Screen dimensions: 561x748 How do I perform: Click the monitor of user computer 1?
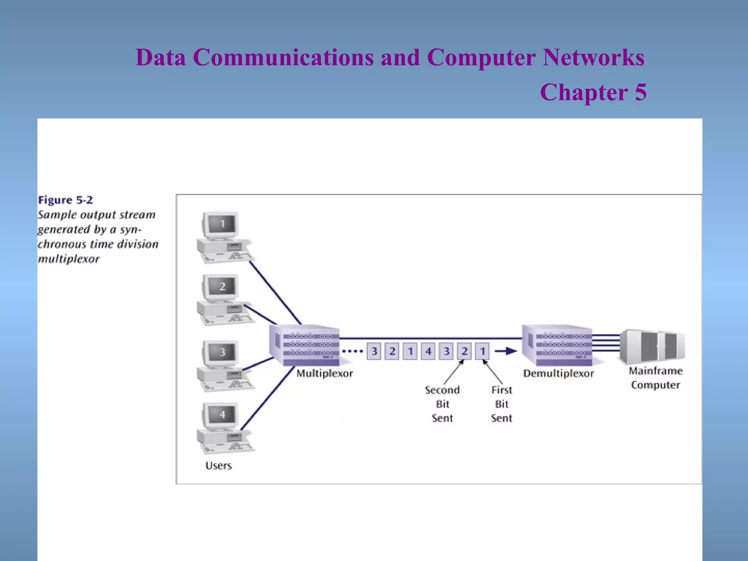point(222,224)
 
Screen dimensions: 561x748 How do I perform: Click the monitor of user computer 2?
point(222,287)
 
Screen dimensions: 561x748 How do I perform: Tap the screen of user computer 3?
point(222,352)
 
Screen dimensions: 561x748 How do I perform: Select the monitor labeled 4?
point(222,415)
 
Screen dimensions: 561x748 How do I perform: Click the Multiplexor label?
point(324,373)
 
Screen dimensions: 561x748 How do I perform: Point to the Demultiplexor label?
point(558,373)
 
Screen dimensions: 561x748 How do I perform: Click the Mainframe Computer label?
point(655,378)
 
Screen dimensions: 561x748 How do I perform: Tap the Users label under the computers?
point(218,466)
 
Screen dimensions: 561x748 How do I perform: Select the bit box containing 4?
point(428,351)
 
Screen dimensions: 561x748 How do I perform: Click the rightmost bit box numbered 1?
point(482,351)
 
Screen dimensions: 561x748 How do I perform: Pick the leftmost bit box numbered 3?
point(374,351)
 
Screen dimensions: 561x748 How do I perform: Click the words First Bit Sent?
point(501,404)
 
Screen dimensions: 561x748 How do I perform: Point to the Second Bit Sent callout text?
point(442,404)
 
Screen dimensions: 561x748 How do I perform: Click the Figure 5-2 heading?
point(65,200)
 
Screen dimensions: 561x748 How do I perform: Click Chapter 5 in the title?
point(593,92)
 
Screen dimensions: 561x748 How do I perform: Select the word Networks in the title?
point(593,57)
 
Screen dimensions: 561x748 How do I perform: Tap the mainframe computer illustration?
point(652,346)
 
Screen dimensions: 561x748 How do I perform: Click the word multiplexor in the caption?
point(69,259)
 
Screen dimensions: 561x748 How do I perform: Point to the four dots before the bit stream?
point(352,351)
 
